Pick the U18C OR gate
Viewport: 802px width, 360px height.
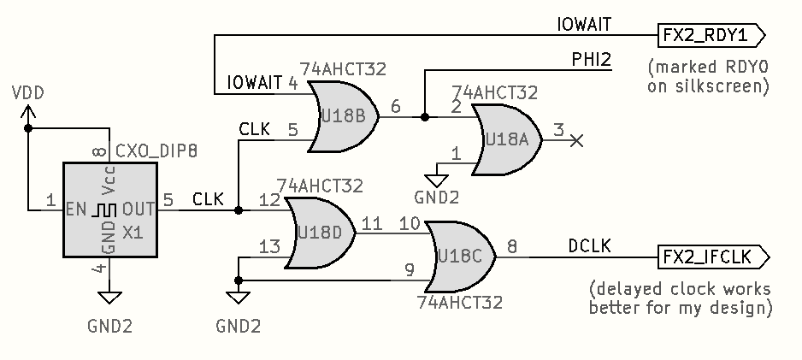461,255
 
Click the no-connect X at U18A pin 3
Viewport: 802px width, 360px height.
577,139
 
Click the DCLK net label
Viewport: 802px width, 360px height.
590,246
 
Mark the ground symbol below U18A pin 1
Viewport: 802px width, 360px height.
438,179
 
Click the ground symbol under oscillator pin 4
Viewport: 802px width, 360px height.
109,297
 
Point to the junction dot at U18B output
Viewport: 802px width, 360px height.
424,117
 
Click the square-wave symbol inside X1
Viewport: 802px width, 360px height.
104,208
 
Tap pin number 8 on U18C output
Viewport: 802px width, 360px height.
512,246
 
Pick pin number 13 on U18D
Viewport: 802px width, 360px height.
269,247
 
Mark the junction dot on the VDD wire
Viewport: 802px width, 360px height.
28,128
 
